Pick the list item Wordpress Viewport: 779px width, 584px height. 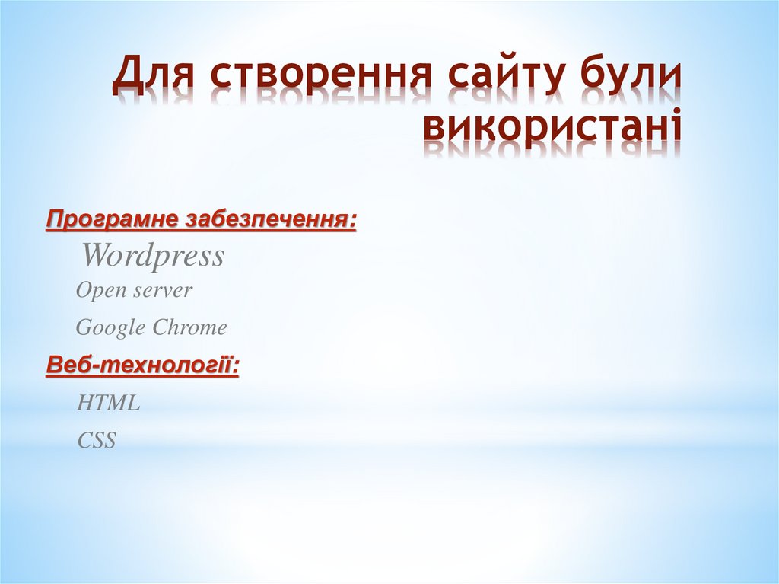[153, 256]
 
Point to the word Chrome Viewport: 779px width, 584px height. [189, 328]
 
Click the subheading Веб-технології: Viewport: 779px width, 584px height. [142, 365]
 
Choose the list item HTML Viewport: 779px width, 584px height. [108, 404]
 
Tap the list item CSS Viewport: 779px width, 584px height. [97, 440]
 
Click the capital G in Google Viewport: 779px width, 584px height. [84, 328]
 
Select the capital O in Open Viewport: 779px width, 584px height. [83, 290]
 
